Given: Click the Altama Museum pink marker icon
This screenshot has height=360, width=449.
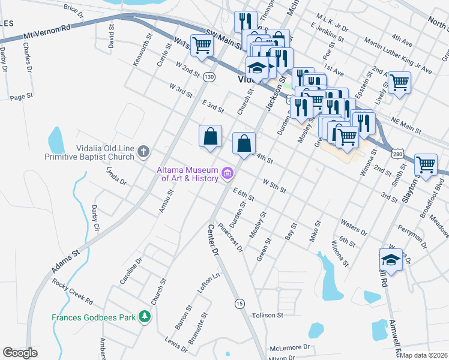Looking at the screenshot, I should pyautogui.click(x=228, y=174).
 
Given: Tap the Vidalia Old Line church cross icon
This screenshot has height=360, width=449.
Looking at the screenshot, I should pyautogui.click(x=143, y=151).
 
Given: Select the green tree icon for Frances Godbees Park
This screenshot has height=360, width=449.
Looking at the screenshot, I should pyautogui.click(x=144, y=316).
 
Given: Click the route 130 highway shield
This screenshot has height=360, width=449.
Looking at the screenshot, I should pyautogui.click(x=208, y=77).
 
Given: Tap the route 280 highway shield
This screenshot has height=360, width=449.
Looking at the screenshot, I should pyautogui.click(x=398, y=154).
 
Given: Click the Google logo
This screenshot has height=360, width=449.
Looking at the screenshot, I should pyautogui.click(x=20, y=353).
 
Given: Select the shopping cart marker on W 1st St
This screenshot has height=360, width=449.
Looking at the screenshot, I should pyautogui.click(x=202, y=45).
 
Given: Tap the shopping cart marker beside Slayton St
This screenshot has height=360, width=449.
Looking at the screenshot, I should pyautogui.click(x=426, y=164).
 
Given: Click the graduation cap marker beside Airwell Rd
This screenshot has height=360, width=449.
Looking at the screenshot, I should pyautogui.click(x=391, y=259).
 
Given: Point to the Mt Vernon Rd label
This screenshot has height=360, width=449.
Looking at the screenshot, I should pyautogui.click(x=47, y=32).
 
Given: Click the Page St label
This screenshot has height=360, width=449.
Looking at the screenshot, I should pyautogui.click(x=20, y=97).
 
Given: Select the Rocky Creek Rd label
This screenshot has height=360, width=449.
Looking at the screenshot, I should pyautogui.click(x=72, y=291).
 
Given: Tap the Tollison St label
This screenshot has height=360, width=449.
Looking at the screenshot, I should pyautogui.click(x=267, y=315).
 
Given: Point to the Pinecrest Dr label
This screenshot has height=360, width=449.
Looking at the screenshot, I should pyautogui.click(x=231, y=237).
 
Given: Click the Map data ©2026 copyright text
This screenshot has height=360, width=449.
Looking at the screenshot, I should pyautogui.click(x=424, y=355).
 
